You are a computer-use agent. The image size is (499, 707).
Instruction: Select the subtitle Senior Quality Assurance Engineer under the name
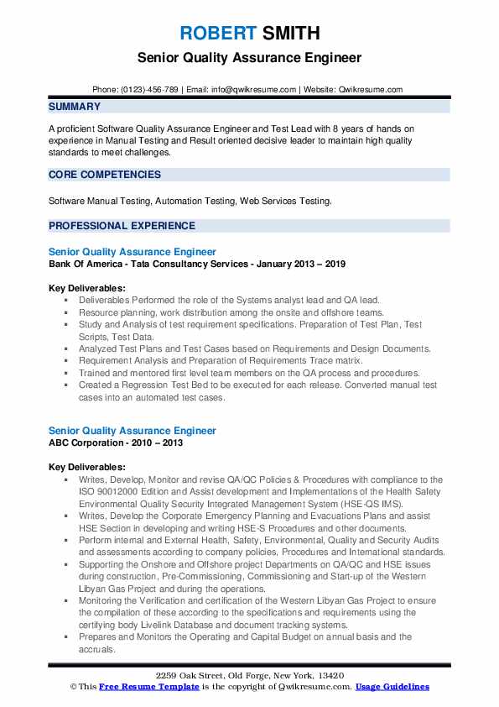(x=249, y=59)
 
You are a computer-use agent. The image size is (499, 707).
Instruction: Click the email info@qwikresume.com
(x=255, y=89)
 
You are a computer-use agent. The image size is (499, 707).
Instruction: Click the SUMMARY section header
(x=75, y=107)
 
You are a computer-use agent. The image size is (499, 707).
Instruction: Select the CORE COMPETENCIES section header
(x=105, y=175)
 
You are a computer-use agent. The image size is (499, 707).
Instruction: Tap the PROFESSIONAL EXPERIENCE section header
(x=122, y=226)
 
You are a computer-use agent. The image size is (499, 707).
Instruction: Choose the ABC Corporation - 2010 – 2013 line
(x=115, y=443)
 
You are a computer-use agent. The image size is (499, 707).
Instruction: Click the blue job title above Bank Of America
(x=132, y=252)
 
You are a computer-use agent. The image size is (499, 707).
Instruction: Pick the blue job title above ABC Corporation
(x=132, y=431)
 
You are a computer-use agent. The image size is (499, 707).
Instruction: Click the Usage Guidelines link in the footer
(x=392, y=687)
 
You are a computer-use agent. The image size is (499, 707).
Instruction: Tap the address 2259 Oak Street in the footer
(x=249, y=676)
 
